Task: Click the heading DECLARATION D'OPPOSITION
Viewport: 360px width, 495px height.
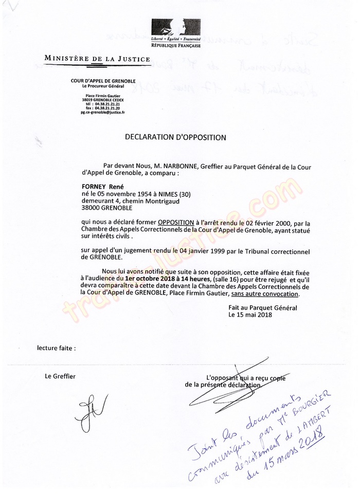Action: [175, 137]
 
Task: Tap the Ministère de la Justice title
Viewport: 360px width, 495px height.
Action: [97, 60]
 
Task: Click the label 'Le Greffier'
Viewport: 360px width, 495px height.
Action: [60, 376]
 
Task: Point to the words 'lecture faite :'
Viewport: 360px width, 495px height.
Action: [57, 347]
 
